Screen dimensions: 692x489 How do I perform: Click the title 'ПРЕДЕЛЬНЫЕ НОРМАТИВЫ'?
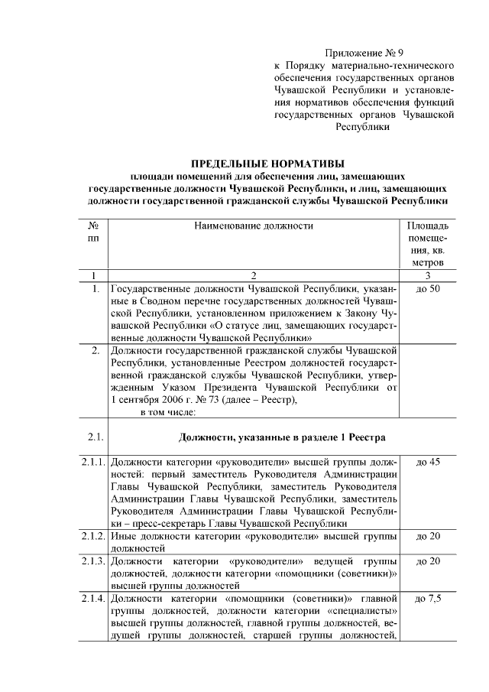tap(267, 164)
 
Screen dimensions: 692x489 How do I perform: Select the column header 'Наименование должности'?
tap(254, 226)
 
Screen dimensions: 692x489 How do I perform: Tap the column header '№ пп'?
tap(93, 233)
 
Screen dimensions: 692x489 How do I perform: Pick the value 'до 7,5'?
tap(428, 598)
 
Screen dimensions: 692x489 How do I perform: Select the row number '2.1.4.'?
tap(94, 598)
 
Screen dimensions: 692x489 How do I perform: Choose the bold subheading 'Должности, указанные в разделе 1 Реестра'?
tap(282, 437)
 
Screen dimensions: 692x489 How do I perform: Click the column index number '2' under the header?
tap(254, 275)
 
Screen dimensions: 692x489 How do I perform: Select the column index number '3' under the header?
tap(428, 275)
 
